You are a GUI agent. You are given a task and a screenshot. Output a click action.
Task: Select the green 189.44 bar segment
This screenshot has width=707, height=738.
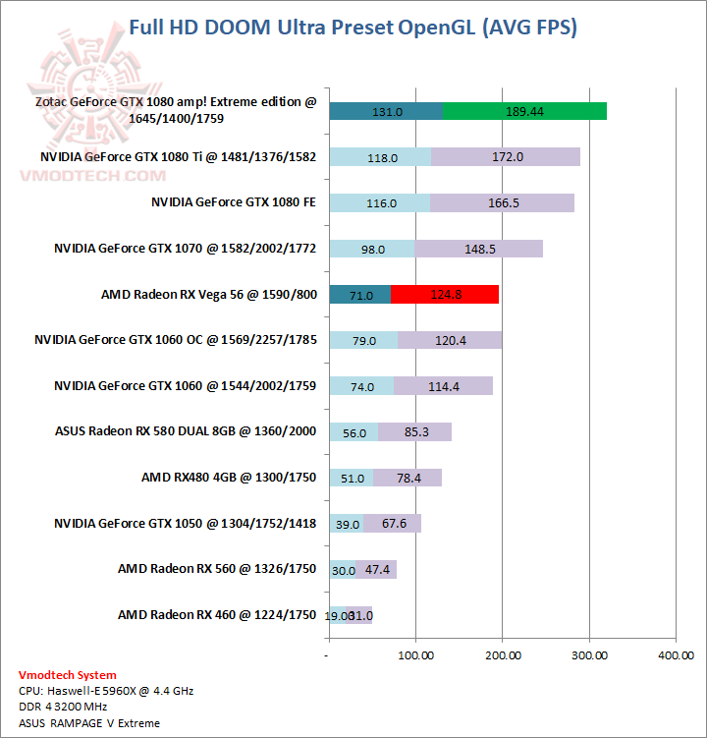[x=524, y=111]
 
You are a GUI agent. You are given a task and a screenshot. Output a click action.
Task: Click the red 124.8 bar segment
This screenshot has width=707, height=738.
[x=445, y=295]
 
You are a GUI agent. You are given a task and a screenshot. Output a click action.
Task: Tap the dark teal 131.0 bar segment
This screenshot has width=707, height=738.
[x=386, y=111]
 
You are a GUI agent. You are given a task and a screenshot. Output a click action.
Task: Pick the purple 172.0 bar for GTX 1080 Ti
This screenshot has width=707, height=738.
[x=506, y=157]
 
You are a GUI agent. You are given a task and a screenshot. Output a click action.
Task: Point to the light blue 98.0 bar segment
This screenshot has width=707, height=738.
[x=372, y=249]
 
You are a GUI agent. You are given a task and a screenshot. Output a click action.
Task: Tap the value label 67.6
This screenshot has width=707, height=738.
[x=394, y=524]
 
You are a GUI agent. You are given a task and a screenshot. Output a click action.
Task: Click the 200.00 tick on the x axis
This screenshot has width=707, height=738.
[x=502, y=653]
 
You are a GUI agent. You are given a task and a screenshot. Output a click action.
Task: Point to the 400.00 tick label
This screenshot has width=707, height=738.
[x=675, y=653]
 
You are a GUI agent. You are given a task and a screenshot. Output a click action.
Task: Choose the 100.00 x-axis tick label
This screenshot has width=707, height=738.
[x=415, y=653]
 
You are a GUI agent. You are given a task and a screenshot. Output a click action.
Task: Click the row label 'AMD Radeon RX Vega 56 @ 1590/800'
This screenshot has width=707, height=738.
[x=208, y=295]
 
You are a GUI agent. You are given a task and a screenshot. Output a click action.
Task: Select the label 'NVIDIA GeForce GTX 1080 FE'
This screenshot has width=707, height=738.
[x=234, y=202]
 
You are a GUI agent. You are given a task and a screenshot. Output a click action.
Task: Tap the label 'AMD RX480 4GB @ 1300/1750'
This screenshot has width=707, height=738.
[x=229, y=478]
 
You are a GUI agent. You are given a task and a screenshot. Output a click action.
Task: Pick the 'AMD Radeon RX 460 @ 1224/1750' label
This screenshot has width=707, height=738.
[x=217, y=615]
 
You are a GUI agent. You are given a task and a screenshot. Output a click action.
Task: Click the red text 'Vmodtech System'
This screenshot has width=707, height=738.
[x=67, y=675]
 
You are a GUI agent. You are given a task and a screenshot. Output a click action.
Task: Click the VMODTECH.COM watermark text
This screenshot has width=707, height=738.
[x=94, y=175]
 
